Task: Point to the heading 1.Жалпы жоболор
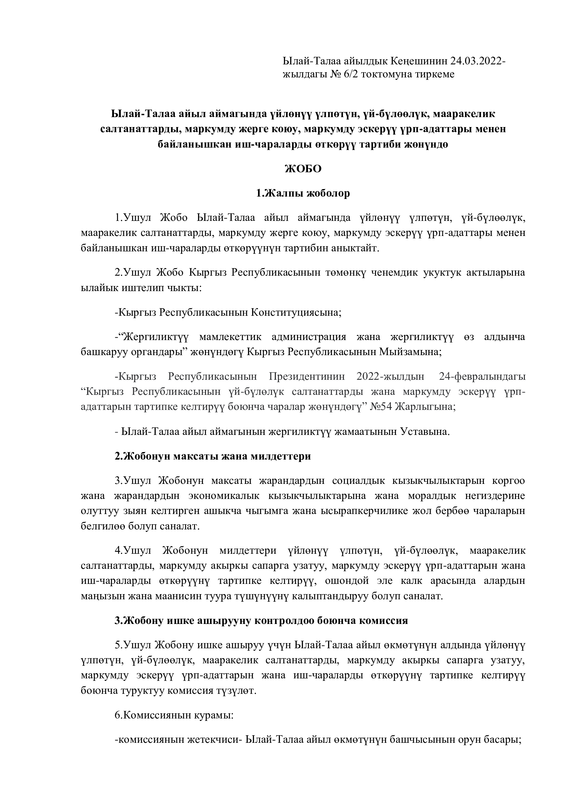coord(303,193)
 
